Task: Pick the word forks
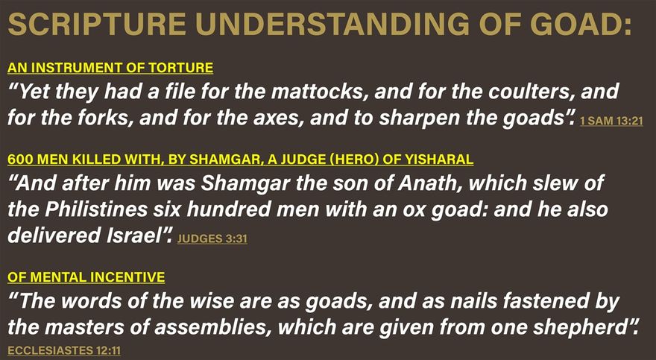click(x=104, y=118)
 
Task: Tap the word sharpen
click(x=419, y=119)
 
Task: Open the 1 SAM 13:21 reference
click(x=611, y=121)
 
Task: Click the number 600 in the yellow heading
click(x=18, y=160)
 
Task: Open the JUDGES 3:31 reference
click(x=212, y=239)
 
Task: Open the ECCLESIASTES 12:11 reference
click(x=64, y=350)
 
